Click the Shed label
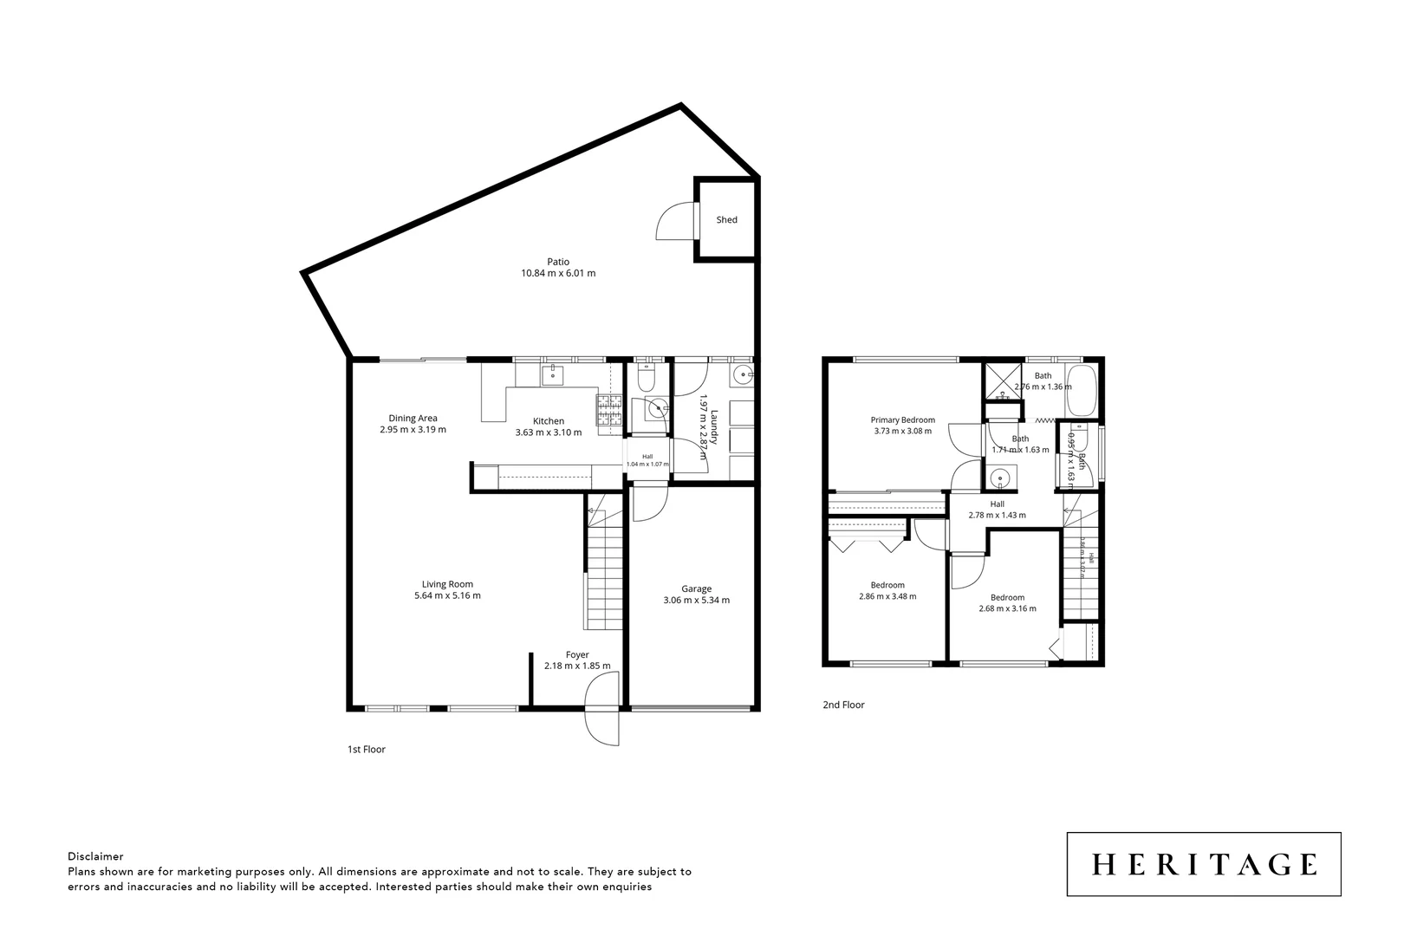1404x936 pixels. (726, 220)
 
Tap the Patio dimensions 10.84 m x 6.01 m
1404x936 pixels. (558, 273)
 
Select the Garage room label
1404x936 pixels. (696, 588)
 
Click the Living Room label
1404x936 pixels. (447, 584)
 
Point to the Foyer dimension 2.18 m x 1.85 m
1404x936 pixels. (577, 666)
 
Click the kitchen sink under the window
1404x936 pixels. (552, 374)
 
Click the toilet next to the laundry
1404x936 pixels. (646, 378)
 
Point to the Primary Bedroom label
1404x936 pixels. (902, 419)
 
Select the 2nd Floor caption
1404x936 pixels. (843, 705)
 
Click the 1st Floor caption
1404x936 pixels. (366, 750)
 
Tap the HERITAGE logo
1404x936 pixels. (1203, 864)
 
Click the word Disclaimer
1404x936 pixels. (95, 855)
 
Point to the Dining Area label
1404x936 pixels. (413, 418)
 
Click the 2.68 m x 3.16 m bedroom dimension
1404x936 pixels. (1007, 608)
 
